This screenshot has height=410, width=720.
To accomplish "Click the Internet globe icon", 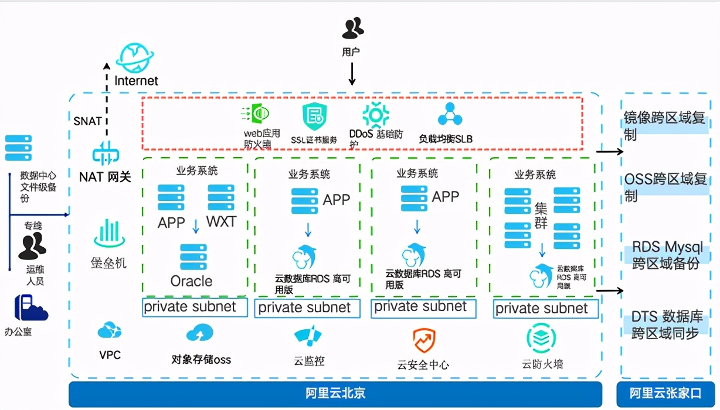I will (x=135, y=57).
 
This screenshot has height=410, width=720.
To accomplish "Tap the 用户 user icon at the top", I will (x=352, y=28).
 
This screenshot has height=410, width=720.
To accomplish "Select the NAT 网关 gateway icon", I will (x=106, y=154).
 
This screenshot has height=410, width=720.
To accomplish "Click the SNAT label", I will (x=87, y=121).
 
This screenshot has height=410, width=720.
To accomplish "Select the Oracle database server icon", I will (x=193, y=257).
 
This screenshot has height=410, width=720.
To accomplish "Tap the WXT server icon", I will (x=220, y=198).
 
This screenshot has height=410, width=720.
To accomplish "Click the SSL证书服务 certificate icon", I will (x=314, y=117).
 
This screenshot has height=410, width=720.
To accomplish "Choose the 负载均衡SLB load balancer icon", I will (x=450, y=115).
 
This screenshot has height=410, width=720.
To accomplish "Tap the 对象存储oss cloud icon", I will (x=199, y=333).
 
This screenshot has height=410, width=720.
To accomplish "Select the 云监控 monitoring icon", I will (x=308, y=336).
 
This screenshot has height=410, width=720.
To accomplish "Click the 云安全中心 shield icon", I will (x=423, y=340).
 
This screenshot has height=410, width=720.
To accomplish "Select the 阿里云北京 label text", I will (x=335, y=393).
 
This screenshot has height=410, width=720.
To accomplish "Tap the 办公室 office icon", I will (x=30, y=308).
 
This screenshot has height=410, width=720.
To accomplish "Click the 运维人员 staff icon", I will (x=32, y=246).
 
